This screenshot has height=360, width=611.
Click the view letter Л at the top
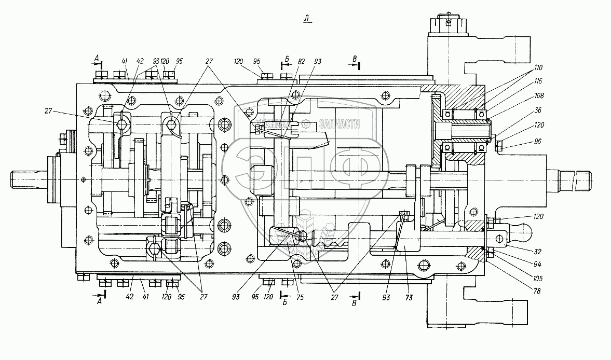(x=307, y=19)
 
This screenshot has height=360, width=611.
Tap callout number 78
(x=537, y=291)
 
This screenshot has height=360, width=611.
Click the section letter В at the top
(x=354, y=58)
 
